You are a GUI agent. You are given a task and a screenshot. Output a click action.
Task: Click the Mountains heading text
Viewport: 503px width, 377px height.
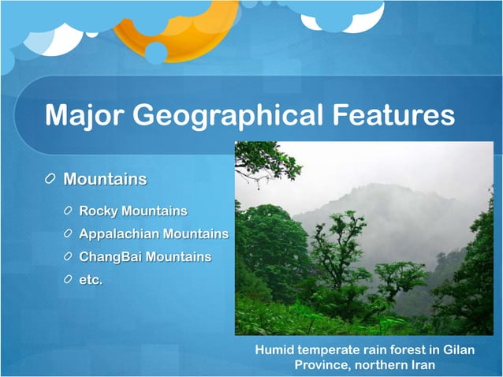click(x=105, y=179)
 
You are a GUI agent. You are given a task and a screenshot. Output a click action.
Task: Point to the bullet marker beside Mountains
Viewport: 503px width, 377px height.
click(x=50, y=180)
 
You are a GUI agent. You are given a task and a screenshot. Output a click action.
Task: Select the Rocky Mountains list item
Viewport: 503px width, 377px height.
click(x=133, y=211)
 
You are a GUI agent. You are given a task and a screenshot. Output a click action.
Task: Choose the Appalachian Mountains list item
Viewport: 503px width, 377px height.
click(x=154, y=234)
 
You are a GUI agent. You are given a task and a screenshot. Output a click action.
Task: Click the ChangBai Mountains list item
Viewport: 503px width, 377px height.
click(x=145, y=257)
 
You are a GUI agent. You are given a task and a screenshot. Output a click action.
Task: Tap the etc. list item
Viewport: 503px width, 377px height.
click(x=91, y=279)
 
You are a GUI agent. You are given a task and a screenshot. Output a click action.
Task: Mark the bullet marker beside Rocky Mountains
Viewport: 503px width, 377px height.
click(x=69, y=211)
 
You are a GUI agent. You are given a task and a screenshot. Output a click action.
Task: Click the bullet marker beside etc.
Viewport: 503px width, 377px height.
click(x=69, y=280)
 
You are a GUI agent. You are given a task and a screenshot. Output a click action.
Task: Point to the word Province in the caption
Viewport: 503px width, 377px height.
click(x=321, y=365)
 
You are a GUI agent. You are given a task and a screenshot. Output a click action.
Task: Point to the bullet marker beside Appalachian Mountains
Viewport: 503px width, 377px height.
click(x=69, y=234)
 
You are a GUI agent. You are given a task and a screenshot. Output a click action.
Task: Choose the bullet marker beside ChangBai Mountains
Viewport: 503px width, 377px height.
click(x=69, y=257)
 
